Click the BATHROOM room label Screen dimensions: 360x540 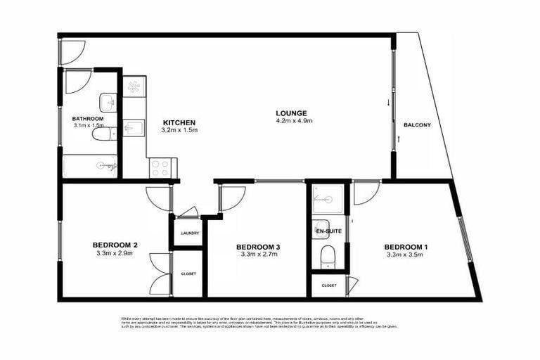(x=88, y=119)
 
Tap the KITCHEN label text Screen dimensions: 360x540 (x=179, y=122)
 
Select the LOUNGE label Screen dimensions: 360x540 (x=291, y=113)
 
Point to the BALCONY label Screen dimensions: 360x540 (x=417, y=125)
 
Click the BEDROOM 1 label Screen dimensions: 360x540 (x=406, y=247)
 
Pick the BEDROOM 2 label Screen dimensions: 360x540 (x=115, y=245)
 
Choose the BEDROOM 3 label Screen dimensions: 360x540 (x=258, y=247)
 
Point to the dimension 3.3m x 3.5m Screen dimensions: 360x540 (x=406, y=255)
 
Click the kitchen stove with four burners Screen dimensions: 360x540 (x=160, y=169)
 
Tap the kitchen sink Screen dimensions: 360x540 (x=134, y=128)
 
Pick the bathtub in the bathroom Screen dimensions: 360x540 (x=90, y=167)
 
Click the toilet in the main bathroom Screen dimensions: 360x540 (x=102, y=134)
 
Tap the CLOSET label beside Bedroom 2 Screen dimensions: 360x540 (x=188, y=274)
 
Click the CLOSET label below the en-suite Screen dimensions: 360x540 (x=329, y=285)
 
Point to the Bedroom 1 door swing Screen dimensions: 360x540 (x=365, y=193)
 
